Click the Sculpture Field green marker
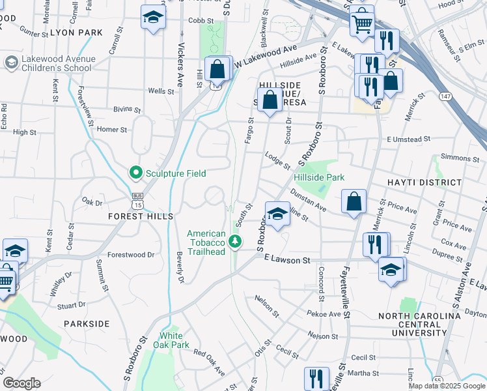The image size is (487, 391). pos(135,173)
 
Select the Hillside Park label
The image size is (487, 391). pos(318,177)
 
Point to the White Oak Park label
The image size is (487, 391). pos(174,340)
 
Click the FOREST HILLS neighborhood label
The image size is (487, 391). pos(141,216)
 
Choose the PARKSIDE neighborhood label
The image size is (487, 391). pos(87,323)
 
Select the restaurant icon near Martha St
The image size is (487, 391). pos(316,378)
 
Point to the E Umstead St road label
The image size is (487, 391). pos(408,139)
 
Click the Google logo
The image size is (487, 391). pos(22,383)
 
